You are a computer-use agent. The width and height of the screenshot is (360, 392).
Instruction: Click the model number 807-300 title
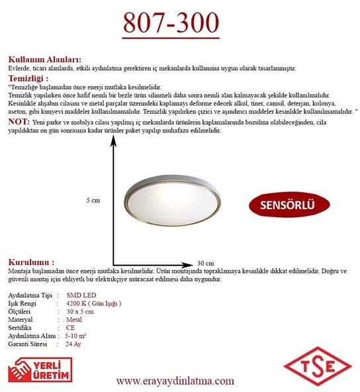point(171,23)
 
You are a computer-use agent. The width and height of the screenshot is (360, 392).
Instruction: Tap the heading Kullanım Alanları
point(44,59)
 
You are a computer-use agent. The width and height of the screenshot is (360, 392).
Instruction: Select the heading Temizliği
point(28,78)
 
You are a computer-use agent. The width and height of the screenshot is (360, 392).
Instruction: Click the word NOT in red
point(18,122)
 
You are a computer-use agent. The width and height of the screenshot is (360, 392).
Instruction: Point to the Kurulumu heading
point(31,262)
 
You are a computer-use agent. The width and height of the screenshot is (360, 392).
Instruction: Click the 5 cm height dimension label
point(93,199)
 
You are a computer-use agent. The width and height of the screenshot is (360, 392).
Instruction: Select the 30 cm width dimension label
point(205,262)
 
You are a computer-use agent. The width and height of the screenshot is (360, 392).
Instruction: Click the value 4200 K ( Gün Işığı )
point(94,302)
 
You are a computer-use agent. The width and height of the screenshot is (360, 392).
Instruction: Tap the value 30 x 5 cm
point(80,311)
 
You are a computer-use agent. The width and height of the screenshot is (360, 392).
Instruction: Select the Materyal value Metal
point(75,319)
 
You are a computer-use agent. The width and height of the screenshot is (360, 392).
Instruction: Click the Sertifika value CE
point(70,327)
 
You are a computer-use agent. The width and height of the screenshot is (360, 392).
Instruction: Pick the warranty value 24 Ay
point(73,344)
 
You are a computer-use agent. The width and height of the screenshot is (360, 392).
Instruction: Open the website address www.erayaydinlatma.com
point(175,381)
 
